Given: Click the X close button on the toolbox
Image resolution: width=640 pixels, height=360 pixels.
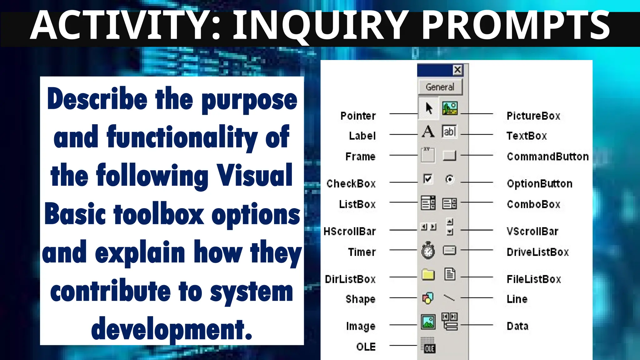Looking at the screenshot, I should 457,70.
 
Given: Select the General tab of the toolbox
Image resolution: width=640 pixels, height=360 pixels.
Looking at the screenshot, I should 440,87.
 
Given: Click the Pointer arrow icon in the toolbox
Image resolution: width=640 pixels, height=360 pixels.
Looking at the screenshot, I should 429,108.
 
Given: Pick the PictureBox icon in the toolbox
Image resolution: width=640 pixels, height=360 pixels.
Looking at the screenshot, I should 450,108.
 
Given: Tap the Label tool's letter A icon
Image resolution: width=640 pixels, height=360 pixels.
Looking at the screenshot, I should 428,131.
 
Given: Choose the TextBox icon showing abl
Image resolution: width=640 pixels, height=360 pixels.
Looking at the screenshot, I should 449,131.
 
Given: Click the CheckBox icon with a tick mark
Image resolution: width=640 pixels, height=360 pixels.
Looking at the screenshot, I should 427,179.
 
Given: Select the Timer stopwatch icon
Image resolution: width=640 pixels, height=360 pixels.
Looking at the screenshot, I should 428,250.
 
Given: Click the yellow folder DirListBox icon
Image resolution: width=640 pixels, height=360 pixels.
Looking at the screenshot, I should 428,275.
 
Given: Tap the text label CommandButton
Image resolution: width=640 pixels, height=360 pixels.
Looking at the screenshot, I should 547,157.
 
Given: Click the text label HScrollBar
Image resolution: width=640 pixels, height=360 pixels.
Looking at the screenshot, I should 350,232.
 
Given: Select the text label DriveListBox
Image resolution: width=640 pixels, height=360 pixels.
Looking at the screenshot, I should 537,252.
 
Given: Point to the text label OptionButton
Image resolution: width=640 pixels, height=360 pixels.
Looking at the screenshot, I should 539,184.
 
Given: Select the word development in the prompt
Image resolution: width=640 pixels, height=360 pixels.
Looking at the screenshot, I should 172,329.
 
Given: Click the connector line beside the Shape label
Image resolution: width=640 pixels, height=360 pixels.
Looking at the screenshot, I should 403,298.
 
